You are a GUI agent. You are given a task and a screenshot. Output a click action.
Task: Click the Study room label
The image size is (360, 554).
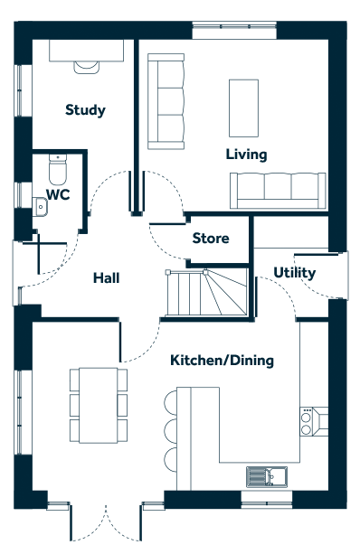point(85,110)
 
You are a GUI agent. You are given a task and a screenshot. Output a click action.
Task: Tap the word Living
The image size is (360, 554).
point(247,155)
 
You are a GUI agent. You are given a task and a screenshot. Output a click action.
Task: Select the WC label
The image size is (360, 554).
point(58,194)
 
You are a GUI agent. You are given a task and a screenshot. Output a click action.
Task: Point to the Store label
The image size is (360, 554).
point(211,238)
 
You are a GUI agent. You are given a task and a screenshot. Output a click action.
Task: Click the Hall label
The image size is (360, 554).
point(106,278)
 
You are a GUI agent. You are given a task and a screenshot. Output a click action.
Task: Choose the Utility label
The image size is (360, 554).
point(295,273)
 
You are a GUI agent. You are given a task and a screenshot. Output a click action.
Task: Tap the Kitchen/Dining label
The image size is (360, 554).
point(223,361)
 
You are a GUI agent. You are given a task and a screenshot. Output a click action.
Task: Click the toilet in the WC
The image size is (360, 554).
point(58,170)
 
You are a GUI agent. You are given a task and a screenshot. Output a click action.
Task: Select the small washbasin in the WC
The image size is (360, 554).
point(40,207)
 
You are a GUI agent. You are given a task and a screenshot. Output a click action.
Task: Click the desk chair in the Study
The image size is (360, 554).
point(86,67)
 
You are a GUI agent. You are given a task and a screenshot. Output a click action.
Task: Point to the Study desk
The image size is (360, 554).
point(86,51)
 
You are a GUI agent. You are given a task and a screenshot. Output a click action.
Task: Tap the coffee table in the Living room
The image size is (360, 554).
point(243,108)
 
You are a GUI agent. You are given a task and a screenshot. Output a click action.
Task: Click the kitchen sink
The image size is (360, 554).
point(267,476)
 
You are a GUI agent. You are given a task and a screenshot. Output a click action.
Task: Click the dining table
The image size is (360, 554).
point(99,405)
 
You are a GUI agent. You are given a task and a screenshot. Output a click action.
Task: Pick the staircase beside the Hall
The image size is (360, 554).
point(206,292)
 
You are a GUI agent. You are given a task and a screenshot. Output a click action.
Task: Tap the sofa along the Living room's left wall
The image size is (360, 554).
point(166,101)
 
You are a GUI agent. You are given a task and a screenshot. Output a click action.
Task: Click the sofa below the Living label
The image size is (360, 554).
point(278,191)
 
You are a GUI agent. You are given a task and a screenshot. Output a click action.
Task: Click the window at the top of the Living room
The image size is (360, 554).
point(234,31)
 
